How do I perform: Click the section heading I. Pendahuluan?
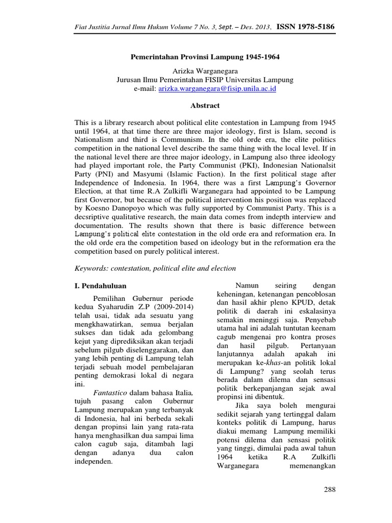[x=101, y=286]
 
